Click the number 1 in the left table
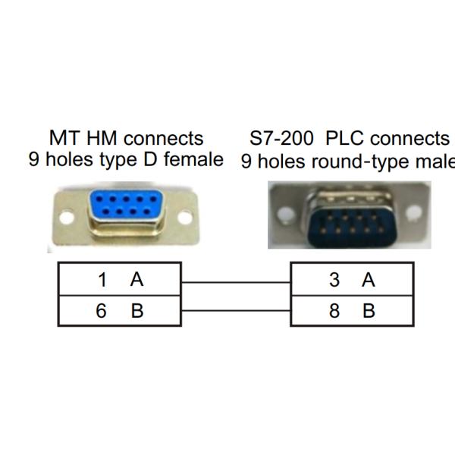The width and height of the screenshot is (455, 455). (102, 280)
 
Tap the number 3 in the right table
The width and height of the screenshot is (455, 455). (334, 280)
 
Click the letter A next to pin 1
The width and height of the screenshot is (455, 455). (136, 280)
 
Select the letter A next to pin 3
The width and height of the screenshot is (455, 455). (369, 280)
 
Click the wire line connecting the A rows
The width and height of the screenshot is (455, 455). (236, 282)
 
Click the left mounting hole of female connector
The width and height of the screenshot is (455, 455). (67, 218)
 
